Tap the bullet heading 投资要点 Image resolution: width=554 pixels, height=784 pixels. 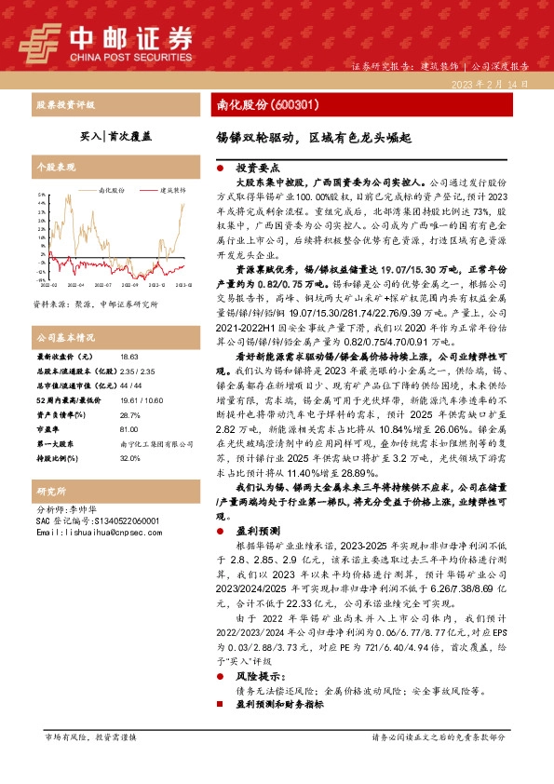point(257,169)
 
